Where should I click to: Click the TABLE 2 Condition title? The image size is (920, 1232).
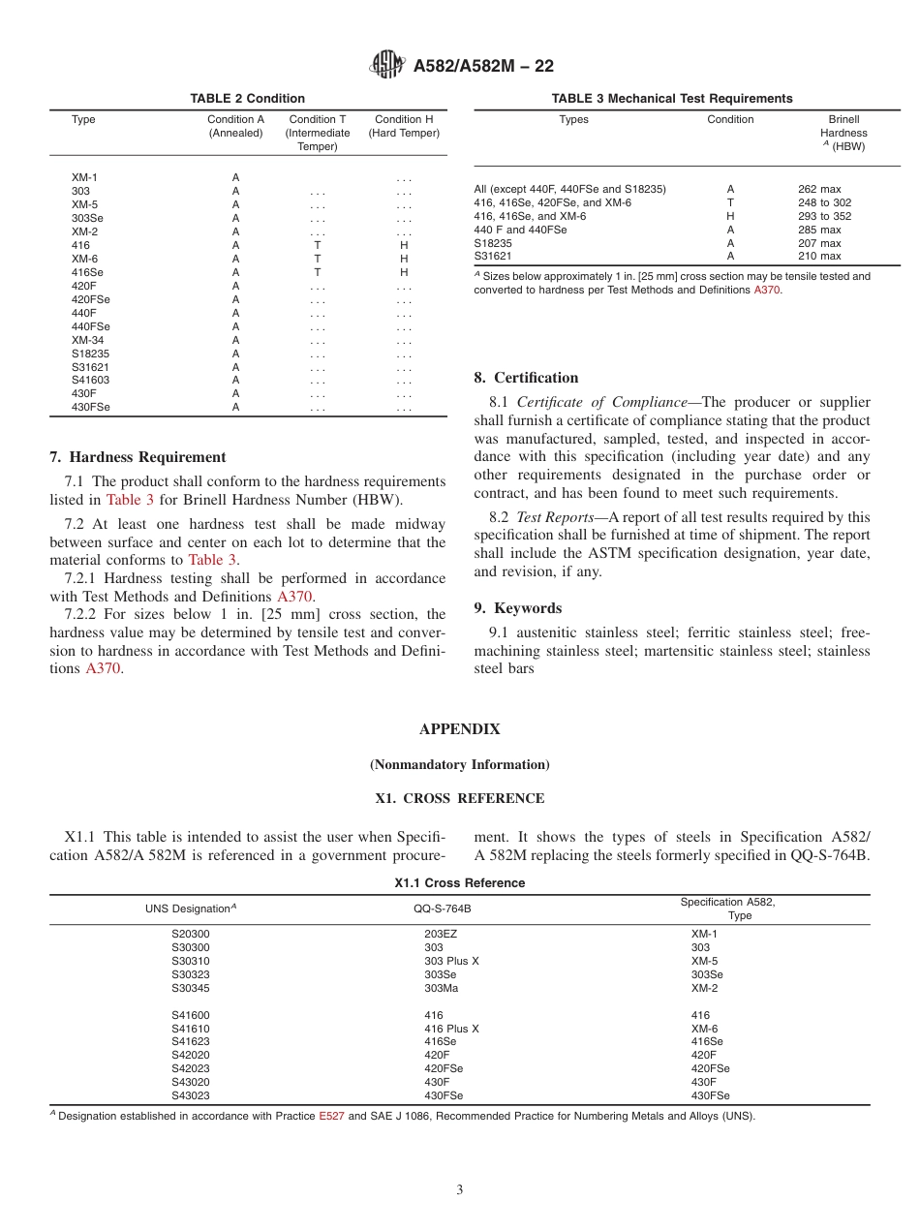(x=248, y=98)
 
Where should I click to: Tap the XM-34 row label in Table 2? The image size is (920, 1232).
(x=87, y=340)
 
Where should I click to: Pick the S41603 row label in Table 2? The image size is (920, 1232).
(x=90, y=381)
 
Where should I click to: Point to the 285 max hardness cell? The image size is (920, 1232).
(x=819, y=230)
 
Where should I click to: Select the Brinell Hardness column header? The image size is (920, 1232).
(x=843, y=133)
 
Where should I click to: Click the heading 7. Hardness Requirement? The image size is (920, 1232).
(x=138, y=457)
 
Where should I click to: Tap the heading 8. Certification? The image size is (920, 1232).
(x=526, y=378)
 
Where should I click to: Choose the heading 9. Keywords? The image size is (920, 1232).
(x=517, y=608)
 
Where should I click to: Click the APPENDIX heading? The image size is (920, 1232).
(x=459, y=729)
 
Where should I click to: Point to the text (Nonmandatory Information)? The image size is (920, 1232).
(x=459, y=764)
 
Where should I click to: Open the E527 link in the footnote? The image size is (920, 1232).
(x=331, y=1116)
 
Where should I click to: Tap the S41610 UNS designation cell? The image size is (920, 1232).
(x=190, y=1029)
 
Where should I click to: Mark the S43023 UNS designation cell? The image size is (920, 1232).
(x=190, y=1095)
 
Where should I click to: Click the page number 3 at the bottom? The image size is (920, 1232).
(x=460, y=1189)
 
